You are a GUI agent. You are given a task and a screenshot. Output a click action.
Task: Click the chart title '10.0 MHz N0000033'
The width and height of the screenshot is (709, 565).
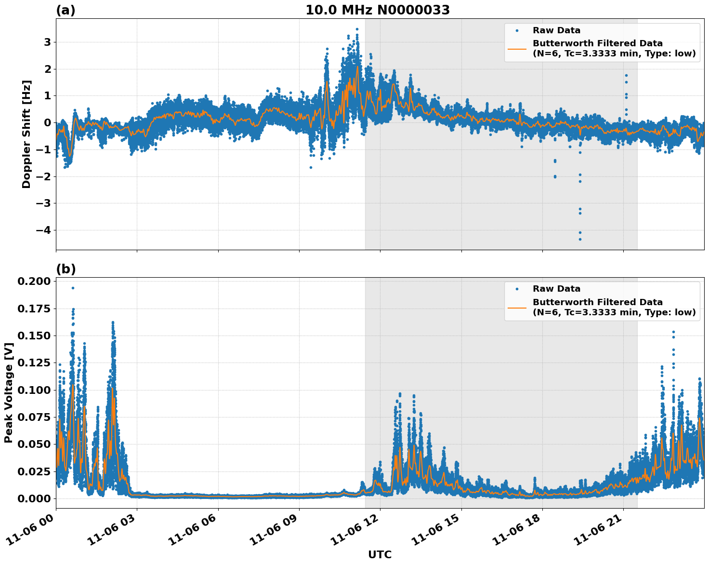click(x=378, y=10)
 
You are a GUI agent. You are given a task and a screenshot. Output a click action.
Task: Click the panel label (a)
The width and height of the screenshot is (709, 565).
click(x=66, y=10)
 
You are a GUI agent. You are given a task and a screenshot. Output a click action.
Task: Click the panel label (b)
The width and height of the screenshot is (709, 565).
click(x=66, y=269)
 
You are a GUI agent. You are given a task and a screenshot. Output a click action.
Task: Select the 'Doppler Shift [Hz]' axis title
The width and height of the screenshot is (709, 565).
click(x=26, y=134)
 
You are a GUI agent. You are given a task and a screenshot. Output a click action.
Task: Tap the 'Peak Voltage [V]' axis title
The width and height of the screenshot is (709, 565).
click(x=8, y=392)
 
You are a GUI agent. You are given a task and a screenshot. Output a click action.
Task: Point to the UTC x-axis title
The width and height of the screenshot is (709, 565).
click(x=380, y=554)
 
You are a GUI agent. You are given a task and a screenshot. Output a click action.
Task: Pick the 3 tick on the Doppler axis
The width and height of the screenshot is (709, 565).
click(x=47, y=42)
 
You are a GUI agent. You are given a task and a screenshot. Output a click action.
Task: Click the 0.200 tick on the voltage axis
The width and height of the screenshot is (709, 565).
click(x=34, y=281)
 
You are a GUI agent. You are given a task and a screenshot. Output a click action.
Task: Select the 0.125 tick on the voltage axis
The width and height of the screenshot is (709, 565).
click(x=34, y=363)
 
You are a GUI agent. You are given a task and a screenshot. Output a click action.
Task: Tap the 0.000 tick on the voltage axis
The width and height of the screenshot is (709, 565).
click(x=34, y=498)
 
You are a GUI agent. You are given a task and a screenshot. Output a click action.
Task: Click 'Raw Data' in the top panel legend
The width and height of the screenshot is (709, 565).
click(x=556, y=30)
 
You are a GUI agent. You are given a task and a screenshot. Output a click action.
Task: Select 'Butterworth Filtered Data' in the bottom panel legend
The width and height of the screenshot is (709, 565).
click(x=597, y=302)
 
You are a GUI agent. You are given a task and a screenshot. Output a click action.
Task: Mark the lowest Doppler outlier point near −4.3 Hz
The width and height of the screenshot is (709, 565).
click(x=580, y=239)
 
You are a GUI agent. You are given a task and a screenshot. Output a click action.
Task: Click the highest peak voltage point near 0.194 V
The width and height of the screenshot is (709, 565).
click(x=73, y=288)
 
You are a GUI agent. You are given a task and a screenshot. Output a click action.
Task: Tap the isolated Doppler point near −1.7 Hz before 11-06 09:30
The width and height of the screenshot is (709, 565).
click(x=311, y=167)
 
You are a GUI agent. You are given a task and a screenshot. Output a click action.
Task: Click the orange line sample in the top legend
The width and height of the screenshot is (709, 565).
click(x=517, y=48)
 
